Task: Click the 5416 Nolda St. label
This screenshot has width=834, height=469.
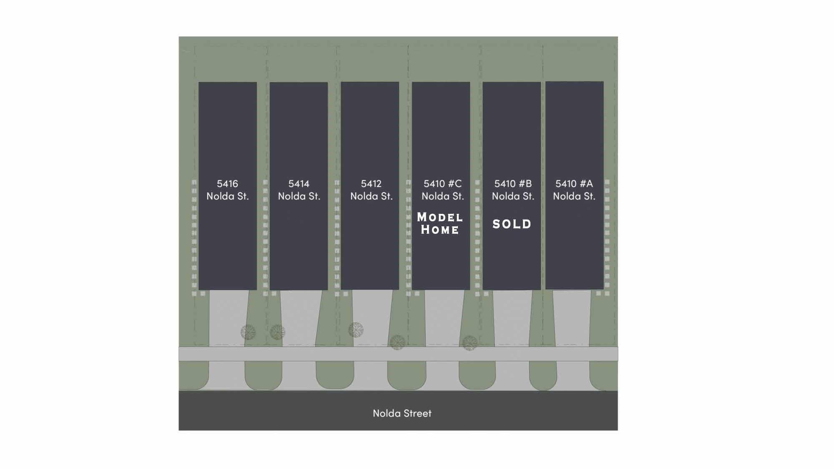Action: click(228, 190)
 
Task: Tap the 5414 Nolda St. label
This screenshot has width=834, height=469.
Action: click(299, 190)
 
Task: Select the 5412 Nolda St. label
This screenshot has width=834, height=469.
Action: click(371, 190)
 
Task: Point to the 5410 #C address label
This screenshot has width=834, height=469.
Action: click(442, 190)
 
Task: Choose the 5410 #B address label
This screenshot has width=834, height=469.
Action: click(513, 190)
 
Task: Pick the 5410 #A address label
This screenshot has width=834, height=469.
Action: click(574, 190)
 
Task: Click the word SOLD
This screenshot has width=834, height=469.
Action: click(512, 224)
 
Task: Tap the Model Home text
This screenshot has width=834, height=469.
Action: click(440, 223)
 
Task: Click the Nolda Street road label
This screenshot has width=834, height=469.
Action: click(402, 413)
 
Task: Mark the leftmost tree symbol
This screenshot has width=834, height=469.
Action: click(248, 332)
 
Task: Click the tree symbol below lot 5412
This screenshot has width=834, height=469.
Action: click(356, 330)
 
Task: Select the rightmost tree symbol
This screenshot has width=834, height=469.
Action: click(470, 343)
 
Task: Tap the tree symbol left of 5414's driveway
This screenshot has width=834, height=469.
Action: click(278, 332)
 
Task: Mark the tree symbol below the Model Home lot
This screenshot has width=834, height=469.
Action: click(397, 343)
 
